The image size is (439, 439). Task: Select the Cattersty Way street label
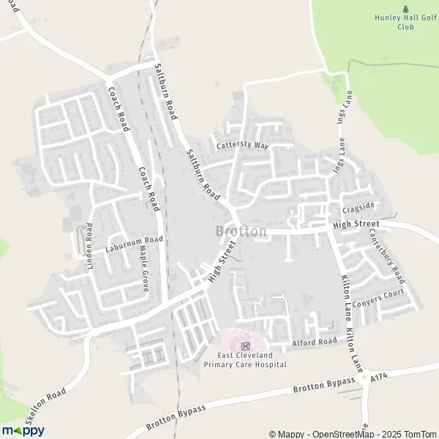pyautogui.click(x=243, y=145)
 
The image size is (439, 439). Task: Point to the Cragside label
pyautogui.click(x=359, y=206)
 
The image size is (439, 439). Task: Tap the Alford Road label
pyautogui.click(x=315, y=341)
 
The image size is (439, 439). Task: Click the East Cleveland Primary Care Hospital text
pyautogui.click(x=244, y=359)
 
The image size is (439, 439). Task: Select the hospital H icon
pyautogui.click(x=245, y=345)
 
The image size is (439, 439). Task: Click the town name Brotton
pyautogui.click(x=241, y=231)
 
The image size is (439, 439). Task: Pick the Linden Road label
pyautogui.click(x=89, y=247)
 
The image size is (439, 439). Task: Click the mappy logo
pyautogui.click(x=23, y=429)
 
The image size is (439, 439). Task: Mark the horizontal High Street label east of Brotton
pyautogui.click(x=356, y=224)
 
